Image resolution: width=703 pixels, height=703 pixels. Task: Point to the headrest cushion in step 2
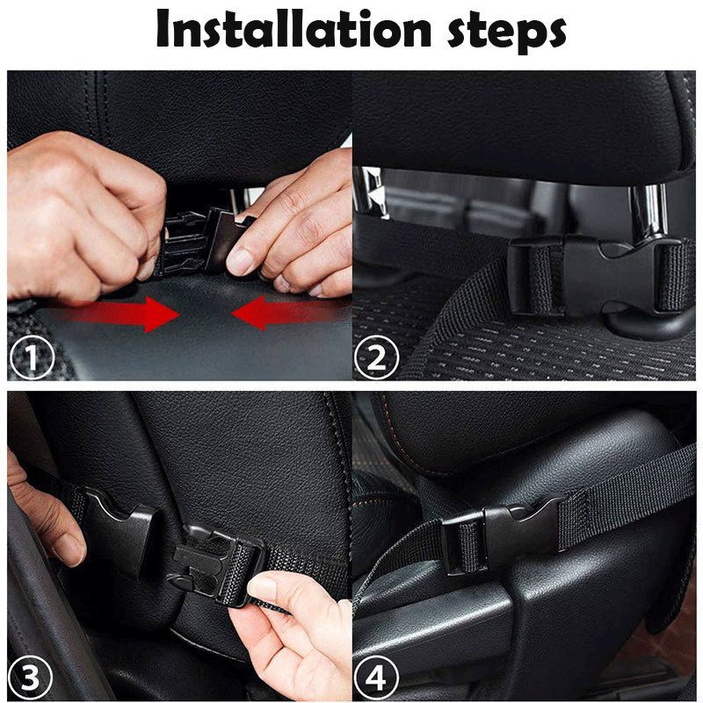pos(527,123)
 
